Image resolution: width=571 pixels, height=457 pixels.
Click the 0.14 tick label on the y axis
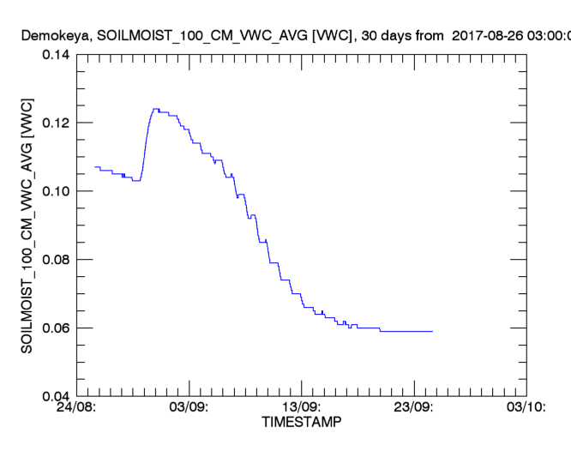pos(56,55)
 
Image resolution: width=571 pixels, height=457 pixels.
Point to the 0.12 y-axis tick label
pos(56,123)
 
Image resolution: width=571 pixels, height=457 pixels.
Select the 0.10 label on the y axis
pos(56,191)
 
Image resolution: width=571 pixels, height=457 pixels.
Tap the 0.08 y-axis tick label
pos(56,260)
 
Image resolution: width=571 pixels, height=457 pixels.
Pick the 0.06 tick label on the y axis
pos(56,328)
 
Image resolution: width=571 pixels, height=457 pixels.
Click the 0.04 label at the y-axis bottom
pos(56,396)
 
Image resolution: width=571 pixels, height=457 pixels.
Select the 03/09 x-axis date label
pos(190,407)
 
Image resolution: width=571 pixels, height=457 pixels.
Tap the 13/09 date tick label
pos(303,407)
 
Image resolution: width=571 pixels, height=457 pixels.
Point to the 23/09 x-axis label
pos(415,407)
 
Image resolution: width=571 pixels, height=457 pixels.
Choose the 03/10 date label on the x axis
pos(526,407)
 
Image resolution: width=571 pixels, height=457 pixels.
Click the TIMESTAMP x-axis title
pos(301,423)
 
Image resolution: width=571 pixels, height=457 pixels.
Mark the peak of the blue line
pos(155,109)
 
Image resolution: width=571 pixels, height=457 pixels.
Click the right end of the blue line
pos(433,331)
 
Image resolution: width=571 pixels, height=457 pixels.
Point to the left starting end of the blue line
pos(95,166)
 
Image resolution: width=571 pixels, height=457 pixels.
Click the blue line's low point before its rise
pos(136,181)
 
